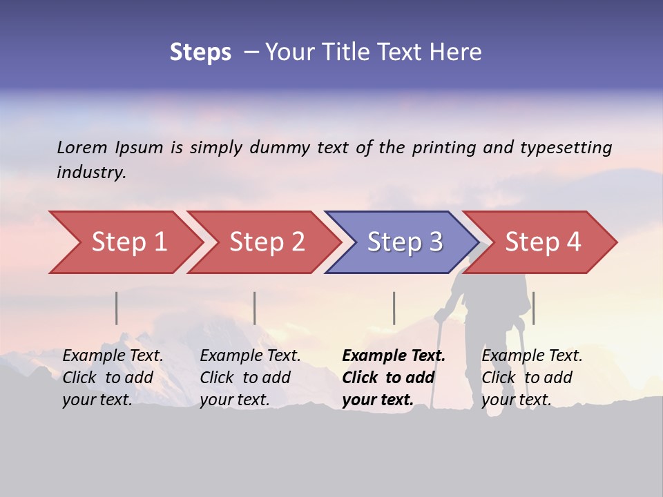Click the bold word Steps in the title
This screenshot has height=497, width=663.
click(x=200, y=52)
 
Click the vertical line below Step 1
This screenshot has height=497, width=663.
click(x=117, y=308)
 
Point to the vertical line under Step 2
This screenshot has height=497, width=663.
click(x=255, y=308)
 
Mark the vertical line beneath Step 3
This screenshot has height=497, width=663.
click(x=394, y=308)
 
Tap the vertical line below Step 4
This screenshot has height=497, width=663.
click(x=533, y=308)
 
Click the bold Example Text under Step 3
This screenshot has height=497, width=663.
click(x=394, y=356)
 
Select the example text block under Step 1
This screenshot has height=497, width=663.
click(x=113, y=378)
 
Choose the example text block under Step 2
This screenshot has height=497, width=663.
click(x=250, y=378)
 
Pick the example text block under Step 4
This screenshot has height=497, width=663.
click(x=532, y=378)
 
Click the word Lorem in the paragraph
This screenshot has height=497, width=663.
click(x=82, y=147)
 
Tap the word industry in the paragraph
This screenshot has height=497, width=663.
click(x=91, y=172)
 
